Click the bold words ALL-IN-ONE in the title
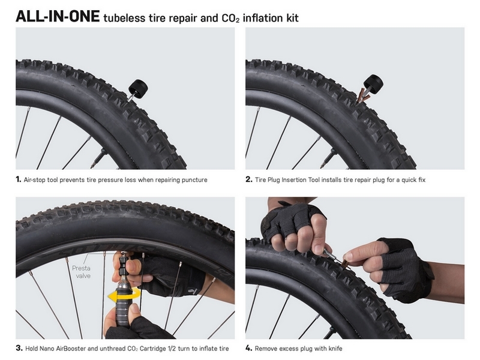[58, 16]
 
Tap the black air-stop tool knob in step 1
[139, 89]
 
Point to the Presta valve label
[82, 272]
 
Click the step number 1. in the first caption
[19, 179]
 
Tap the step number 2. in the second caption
[249, 179]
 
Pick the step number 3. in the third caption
[19, 348]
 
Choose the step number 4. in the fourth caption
[249, 348]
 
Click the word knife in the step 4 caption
[335, 349]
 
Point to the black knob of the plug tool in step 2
[373, 83]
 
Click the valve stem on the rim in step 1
[98, 158]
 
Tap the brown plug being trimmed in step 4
[347, 264]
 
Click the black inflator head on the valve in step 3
[123, 264]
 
